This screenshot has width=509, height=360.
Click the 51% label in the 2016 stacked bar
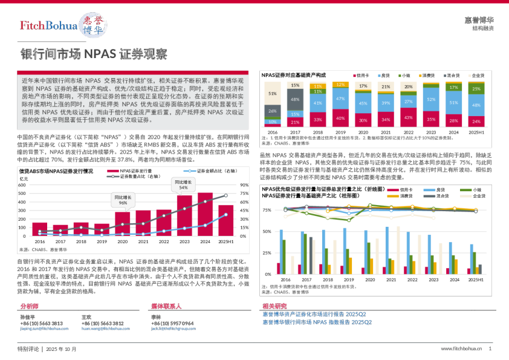[273, 93]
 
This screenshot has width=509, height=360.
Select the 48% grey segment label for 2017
[294, 99]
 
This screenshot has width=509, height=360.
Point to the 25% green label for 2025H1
[476, 90]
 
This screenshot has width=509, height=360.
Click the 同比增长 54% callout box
[183, 185]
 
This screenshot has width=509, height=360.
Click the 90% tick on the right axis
[244, 185]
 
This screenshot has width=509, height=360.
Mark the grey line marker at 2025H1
[226, 195]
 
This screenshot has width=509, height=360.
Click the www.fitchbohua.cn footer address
[461, 349]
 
